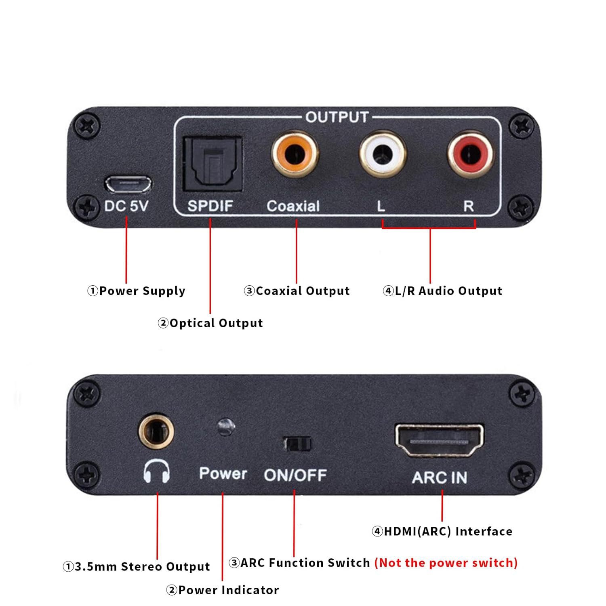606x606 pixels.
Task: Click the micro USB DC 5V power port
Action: [x=128, y=184]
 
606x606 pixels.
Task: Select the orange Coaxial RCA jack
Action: [x=295, y=154]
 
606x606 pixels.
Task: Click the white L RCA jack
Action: [x=383, y=154]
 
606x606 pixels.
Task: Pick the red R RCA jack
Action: [x=471, y=154]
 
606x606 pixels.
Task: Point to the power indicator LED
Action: [x=225, y=427]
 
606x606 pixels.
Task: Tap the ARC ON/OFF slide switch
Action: [x=297, y=444]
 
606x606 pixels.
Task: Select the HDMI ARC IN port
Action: [x=439, y=441]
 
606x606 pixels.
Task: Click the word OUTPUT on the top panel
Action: [x=337, y=117]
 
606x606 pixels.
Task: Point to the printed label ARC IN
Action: [x=440, y=478]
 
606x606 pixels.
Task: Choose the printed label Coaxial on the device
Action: [x=293, y=206]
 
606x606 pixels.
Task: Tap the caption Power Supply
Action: [x=137, y=291]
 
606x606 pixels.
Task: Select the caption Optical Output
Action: [x=210, y=323]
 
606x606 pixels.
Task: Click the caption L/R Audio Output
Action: [x=443, y=291]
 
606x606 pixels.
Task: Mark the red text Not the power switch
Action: [x=446, y=563]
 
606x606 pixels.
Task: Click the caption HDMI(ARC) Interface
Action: [x=442, y=531]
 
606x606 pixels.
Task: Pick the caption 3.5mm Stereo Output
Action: [x=137, y=566]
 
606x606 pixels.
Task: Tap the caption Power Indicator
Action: [x=223, y=590]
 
